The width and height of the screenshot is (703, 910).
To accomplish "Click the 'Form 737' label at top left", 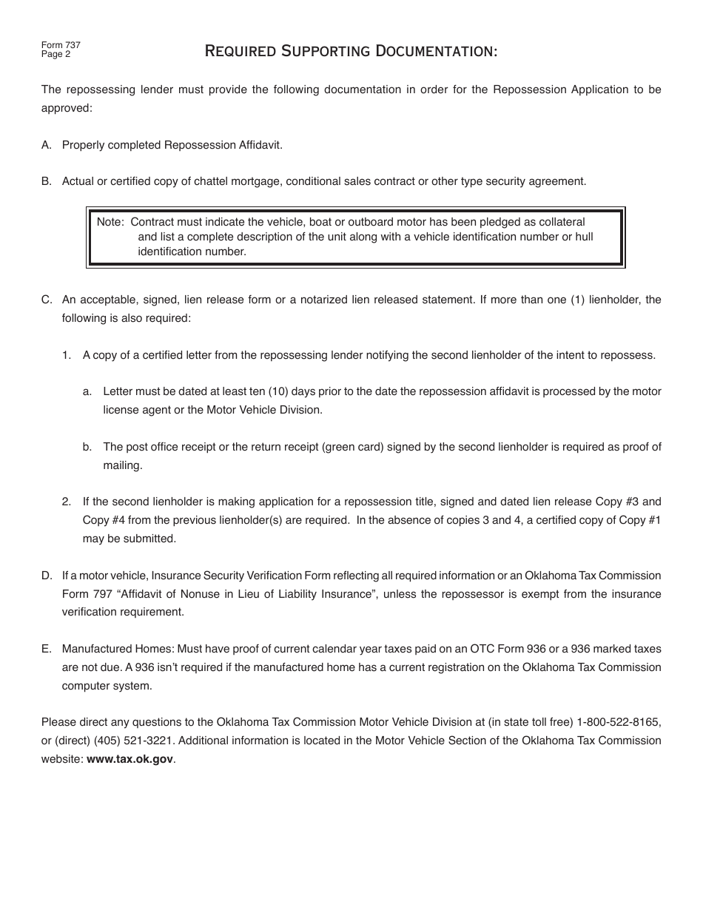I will [x=61, y=45].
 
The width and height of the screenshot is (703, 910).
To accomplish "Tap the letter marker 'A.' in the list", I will [x=47, y=145].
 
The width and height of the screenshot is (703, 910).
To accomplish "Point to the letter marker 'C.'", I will [x=47, y=300].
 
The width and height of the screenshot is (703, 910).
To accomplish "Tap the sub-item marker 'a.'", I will [x=87, y=391].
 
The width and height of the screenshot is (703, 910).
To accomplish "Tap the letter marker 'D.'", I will [x=47, y=576].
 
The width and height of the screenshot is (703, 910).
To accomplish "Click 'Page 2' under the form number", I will [x=55, y=54].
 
